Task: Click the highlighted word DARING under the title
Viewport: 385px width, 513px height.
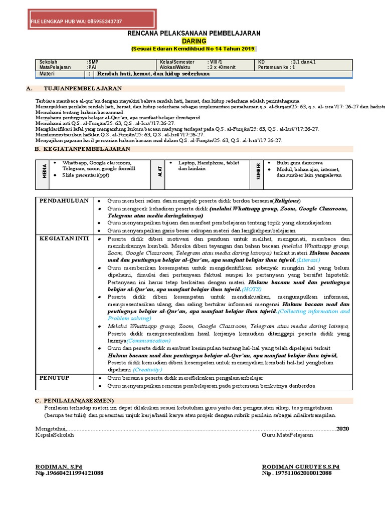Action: (x=193, y=41)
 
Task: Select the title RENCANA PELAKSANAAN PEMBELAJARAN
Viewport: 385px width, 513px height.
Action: (x=193, y=33)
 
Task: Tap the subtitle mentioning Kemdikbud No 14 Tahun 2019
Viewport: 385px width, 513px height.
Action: (x=193, y=49)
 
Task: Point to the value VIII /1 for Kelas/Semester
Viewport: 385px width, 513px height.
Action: (x=216, y=62)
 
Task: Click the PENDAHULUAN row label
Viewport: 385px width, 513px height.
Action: (x=64, y=201)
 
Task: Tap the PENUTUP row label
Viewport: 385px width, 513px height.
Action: (x=55, y=377)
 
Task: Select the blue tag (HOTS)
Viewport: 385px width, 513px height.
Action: (x=252, y=290)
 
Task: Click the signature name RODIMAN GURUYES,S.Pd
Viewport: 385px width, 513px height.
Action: (x=300, y=466)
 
